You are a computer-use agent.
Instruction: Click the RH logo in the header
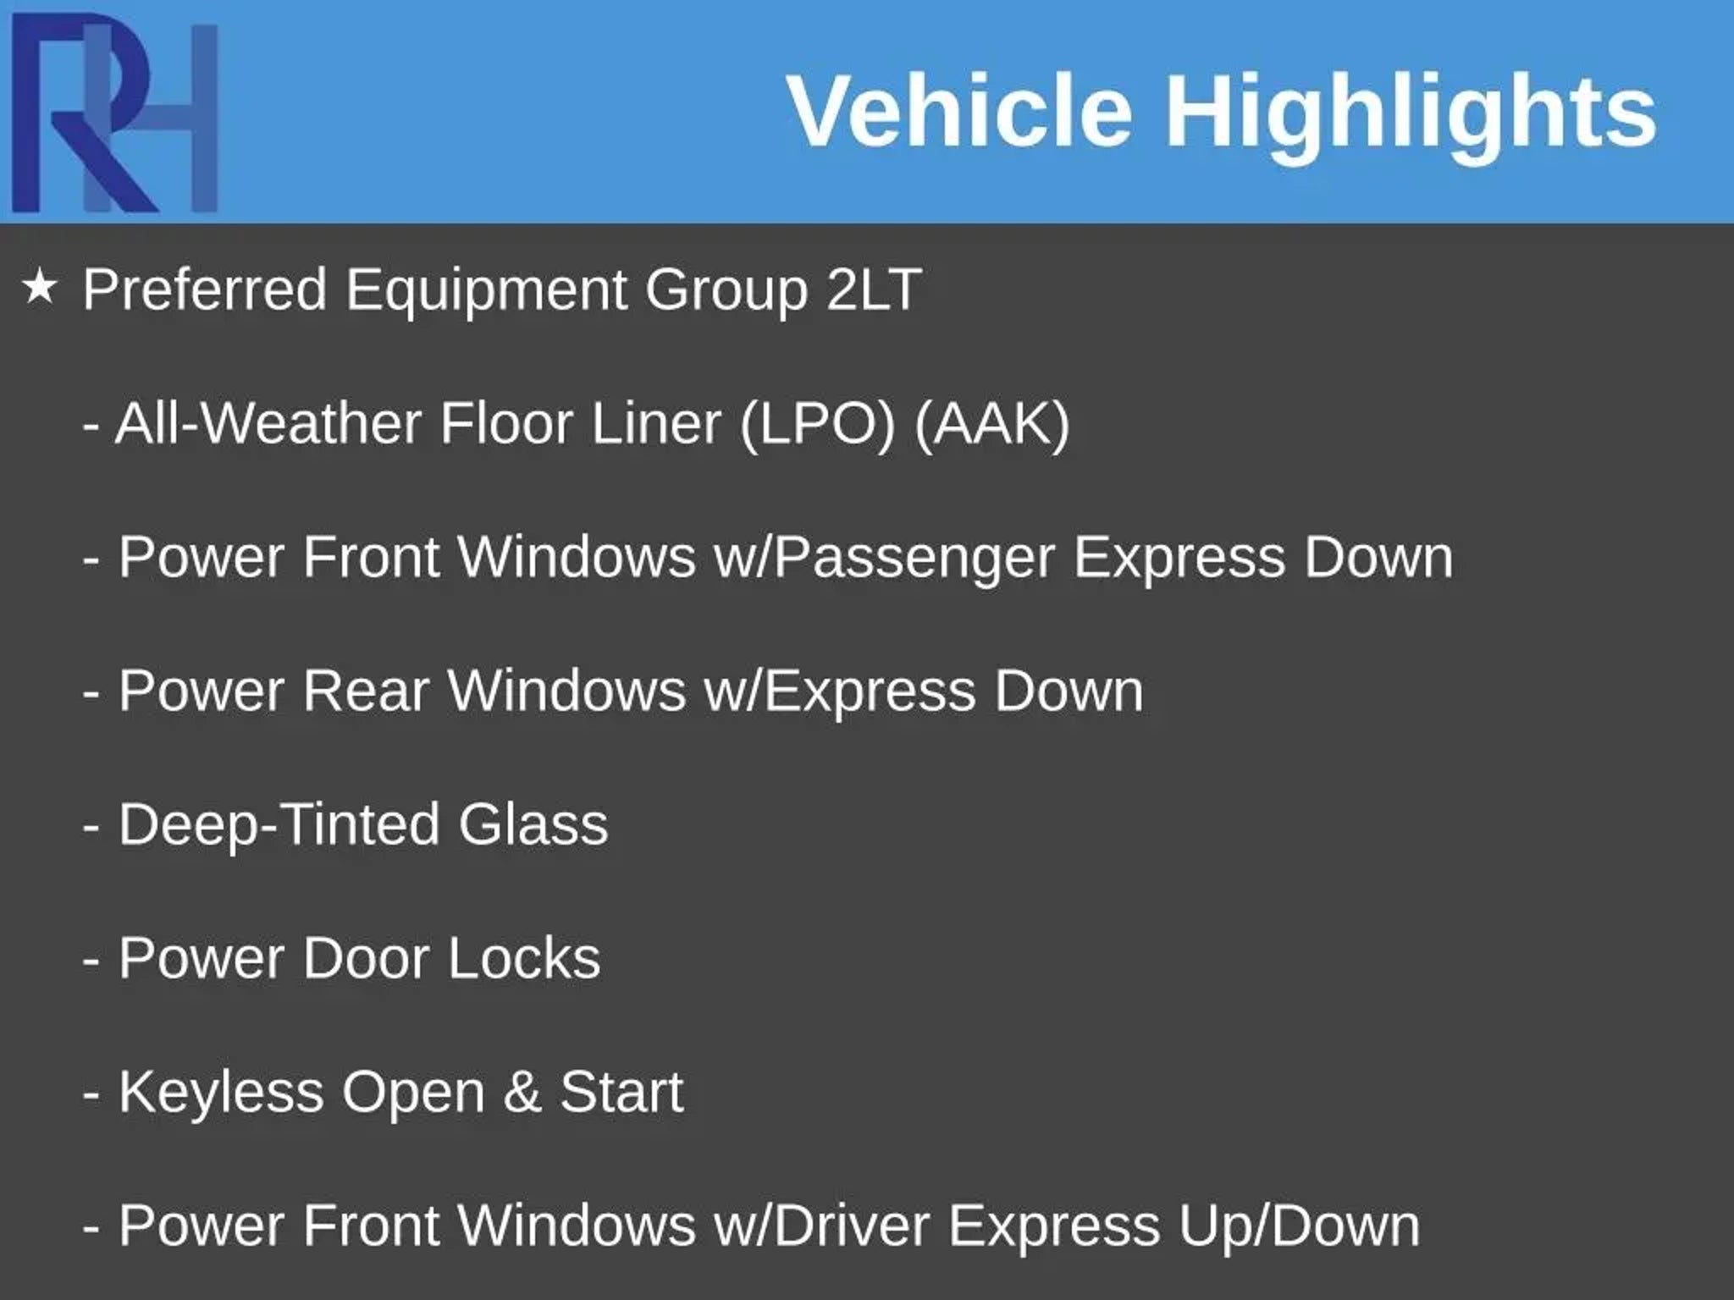click(115, 113)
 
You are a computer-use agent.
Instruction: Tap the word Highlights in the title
click(1411, 117)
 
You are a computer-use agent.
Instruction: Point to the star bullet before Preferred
click(40, 288)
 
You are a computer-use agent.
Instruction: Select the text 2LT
click(874, 289)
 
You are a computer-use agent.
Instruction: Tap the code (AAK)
click(992, 424)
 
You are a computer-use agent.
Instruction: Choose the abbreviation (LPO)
click(818, 424)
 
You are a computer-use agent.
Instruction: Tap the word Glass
click(533, 824)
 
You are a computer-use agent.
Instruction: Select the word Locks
click(524, 958)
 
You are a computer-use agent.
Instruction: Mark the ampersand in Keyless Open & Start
click(522, 1092)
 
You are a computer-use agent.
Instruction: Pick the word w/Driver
click(821, 1226)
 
